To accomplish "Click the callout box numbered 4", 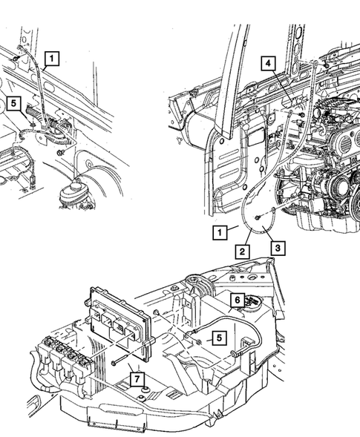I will coord(266,64).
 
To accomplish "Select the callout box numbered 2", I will coord(242,252).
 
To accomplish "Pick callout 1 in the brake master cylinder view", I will coord(51,56).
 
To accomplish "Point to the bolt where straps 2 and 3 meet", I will coord(256,218).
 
